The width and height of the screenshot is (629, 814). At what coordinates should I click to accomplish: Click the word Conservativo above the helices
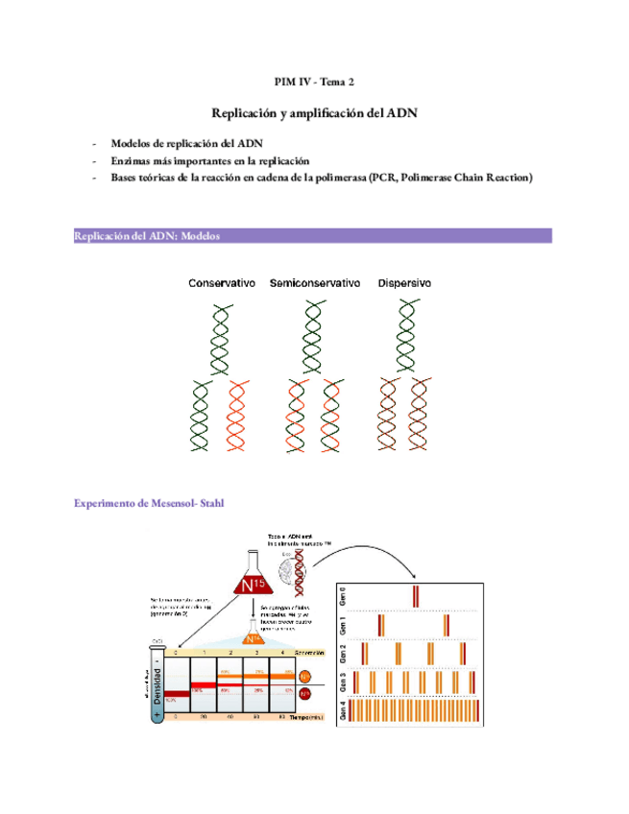[x=222, y=284]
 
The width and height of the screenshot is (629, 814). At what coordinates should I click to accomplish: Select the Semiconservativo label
[x=315, y=284]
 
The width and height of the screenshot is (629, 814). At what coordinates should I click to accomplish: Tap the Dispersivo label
[x=404, y=284]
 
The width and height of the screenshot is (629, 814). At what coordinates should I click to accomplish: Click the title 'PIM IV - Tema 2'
[x=314, y=84]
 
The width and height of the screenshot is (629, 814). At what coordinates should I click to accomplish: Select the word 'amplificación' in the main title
[x=324, y=113]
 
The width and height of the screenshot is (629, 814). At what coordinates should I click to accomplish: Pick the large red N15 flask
[x=252, y=585]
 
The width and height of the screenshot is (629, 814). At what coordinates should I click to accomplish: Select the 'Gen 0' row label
[x=344, y=596]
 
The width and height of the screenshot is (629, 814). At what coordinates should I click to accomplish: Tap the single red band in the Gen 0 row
[x=416, y=596]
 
